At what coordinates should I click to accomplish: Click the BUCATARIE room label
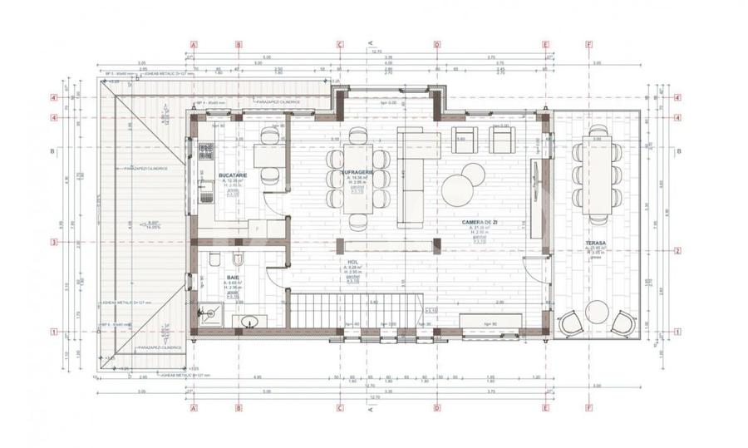[230, 177]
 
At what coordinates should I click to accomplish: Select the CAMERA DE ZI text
[480, 224]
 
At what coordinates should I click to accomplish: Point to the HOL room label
[353, 261]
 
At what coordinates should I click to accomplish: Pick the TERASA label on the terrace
[596, 244]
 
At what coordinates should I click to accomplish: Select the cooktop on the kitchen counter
[205, 151]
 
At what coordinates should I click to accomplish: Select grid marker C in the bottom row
[340, 408]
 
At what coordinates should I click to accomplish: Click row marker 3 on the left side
[54, 242]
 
